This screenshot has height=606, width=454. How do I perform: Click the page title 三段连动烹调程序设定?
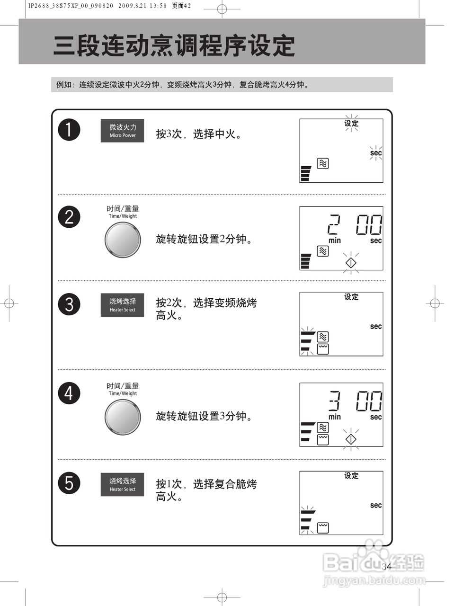click(174, 46)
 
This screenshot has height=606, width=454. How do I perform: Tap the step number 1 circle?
click(69, 130)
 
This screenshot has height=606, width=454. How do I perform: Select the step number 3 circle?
click(69, 304)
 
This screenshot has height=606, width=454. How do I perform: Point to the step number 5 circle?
click(69, 483)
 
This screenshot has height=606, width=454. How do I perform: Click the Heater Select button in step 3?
click(122, 305)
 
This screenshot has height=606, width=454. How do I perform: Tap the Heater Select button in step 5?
click(122, 484)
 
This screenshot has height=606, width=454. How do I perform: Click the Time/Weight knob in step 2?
click(123, 240)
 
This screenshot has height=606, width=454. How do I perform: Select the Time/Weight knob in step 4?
click(123, 417)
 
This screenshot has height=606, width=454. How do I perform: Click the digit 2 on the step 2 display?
click(334, 224)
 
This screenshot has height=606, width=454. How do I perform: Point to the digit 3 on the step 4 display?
click(334, 401)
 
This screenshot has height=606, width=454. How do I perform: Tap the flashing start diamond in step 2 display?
click(350, 262)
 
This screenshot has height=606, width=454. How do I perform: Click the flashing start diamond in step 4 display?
click(350, 439)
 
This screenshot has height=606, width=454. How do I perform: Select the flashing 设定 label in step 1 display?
click(351, 123)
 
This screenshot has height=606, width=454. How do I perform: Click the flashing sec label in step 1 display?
click(376, 153)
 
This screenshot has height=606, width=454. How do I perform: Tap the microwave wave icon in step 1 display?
click(322, 163)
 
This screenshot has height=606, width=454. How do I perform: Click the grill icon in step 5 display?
click(322, 527)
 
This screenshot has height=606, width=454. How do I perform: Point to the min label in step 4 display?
click(335, 417)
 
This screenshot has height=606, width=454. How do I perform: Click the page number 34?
click(387, 566)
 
